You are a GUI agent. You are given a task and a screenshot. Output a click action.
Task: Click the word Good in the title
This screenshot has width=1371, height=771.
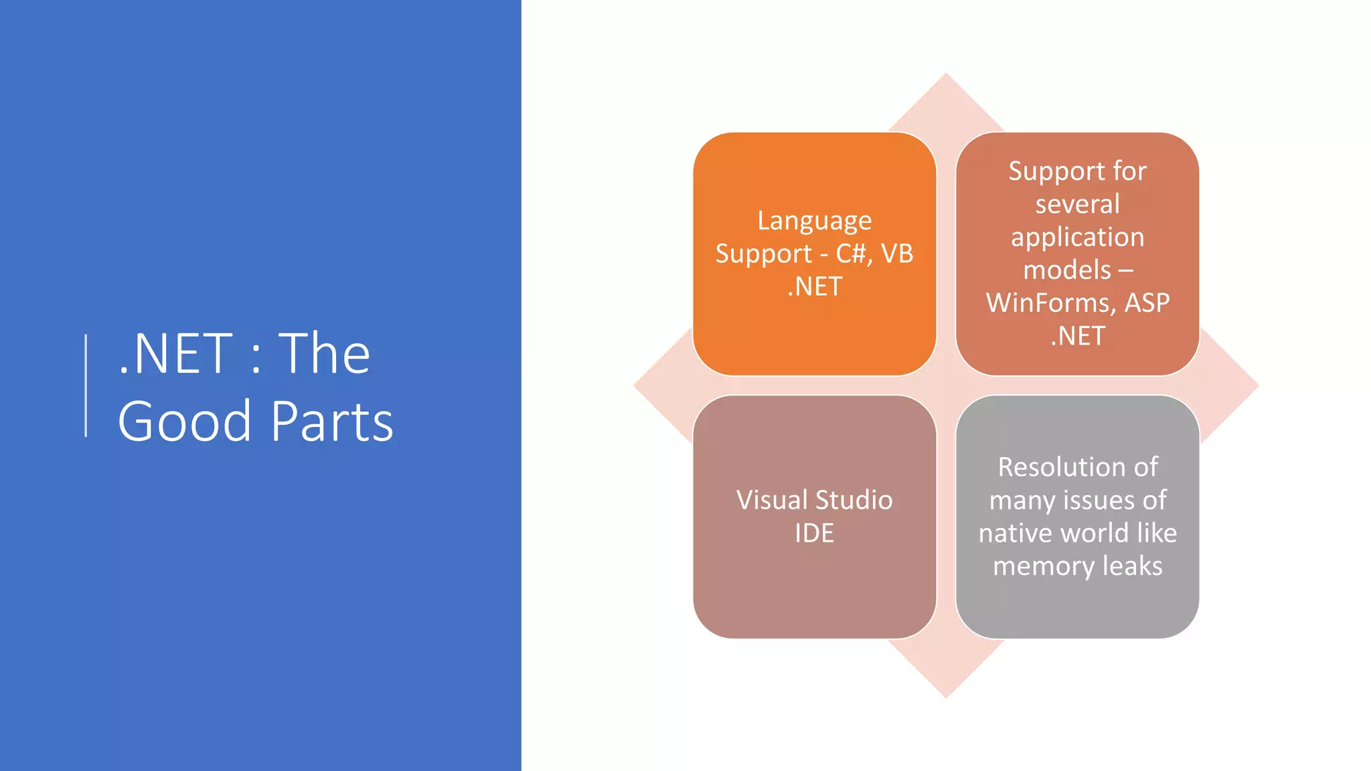pyautogui.click(x=184, y=422)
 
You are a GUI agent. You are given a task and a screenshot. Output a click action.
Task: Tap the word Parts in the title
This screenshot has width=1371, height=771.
pyautogui.click(x=332, y=422)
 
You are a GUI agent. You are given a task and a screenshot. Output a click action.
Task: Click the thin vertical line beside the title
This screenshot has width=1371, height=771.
pyautogui.click(x=86, y=385)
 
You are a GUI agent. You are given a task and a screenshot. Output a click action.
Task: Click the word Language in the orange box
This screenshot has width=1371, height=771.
pyautogui.click(x=814, y=220)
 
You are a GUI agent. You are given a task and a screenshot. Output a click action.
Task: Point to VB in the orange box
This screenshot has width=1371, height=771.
pyautogui.click(x=897, y=254)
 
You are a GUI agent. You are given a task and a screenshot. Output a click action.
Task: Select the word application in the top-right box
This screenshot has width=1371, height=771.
pyautogui.click(x=1077, y=237)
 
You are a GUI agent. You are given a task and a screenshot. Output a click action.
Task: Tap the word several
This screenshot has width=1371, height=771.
pyautogui.click(x=1077, y=204)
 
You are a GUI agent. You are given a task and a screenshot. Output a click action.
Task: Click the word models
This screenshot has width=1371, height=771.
pyautogui.click(x=1066, y=270)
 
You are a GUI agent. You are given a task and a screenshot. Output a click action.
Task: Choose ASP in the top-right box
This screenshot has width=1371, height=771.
pyautogui.click(x=1147, y=303)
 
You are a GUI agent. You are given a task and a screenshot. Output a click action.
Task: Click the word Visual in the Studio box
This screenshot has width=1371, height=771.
pyautogui.click(x=772, y=500)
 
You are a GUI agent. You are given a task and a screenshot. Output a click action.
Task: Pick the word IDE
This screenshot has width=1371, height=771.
pyautogui.click(x=814, y=533)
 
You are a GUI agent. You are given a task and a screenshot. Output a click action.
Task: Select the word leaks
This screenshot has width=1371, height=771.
pyautogui.click(x=1132, y=566)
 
